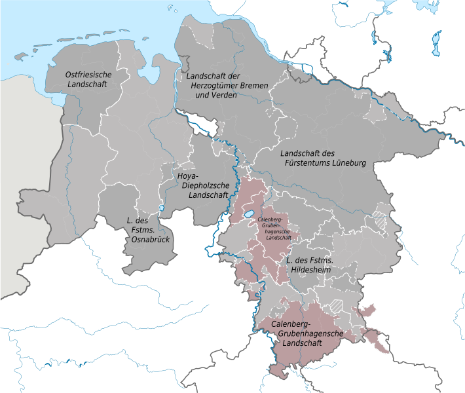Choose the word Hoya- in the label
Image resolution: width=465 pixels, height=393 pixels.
(190, 176)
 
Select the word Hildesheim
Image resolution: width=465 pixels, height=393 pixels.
(313, 270)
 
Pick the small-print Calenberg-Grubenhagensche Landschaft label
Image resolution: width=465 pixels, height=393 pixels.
(274, 229)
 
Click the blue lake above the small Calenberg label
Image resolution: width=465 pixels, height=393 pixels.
(249, 214)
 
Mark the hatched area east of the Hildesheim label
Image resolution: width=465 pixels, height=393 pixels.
(379, 221)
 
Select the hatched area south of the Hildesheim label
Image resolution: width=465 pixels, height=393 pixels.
(337, 305)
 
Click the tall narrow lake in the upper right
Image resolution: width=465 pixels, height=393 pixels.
(436, 44)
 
